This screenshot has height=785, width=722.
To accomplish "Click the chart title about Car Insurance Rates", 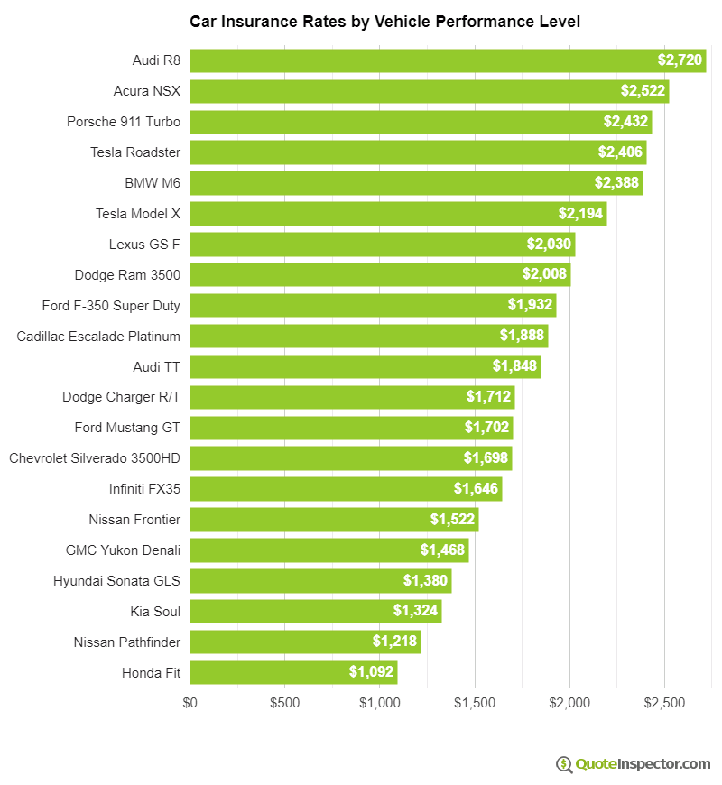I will [x=384, y=21].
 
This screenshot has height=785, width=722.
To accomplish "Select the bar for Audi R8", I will [x=448, y=60].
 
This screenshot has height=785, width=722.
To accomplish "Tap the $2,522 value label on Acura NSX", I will [x=643, y=91].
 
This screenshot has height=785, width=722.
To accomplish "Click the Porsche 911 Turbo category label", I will [x=124, y=122].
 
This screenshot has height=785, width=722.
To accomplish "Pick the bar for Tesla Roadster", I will [x=418, y=152].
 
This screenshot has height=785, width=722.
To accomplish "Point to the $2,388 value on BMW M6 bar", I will [x=616, y=183].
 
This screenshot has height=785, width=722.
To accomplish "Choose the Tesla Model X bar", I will [x=398, y=214].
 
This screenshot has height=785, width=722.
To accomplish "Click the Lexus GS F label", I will [x=144, y=245].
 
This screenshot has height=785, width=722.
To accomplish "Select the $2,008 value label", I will [x=544, y=275].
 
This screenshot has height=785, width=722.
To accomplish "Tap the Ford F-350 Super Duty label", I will [x=111, y=306].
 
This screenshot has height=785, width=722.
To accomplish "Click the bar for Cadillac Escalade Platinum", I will [x=368, y=337].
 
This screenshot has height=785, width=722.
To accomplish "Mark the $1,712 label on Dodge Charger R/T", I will [x=488, y=397].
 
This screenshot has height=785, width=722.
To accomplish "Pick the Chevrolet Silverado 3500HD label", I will [x=95, y=458].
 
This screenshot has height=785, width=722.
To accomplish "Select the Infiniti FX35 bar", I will [x=346, y=489].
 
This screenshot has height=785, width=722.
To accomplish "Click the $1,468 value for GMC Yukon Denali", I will [x=442, y=549].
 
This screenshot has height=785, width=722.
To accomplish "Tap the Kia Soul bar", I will [x=315, y=611].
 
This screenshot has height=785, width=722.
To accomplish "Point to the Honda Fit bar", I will [x=293, y=672].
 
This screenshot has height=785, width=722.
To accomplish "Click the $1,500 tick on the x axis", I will [x=475, y=703].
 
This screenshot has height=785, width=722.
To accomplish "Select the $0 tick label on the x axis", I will [x=190, y=703].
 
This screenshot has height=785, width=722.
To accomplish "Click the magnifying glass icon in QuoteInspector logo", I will [x=564, y=764].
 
